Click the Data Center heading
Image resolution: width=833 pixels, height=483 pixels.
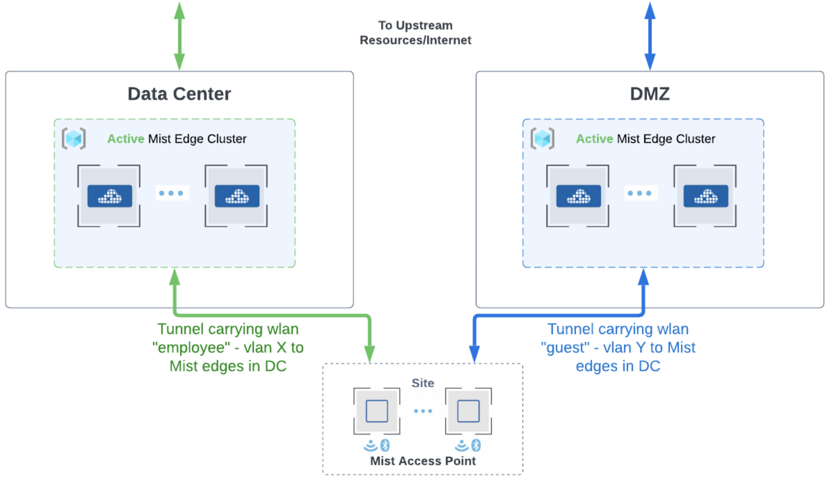(179, 94)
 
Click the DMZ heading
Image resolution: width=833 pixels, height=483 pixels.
(649, 94)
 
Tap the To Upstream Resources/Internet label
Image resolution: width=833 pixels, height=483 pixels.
(415, 33)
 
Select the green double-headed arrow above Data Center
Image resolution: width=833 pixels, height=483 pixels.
(179, 36)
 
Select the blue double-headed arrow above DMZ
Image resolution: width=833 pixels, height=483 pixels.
(650, 36)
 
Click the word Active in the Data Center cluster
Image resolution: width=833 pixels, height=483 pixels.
(126, 139)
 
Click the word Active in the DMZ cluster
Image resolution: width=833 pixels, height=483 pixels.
(594, 139)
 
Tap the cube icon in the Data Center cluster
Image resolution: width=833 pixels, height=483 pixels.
(74, 139)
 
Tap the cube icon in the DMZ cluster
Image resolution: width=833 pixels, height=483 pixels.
(543, 139)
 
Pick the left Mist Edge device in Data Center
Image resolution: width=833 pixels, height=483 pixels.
(109, 196)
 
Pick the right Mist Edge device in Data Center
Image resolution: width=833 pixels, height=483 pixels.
(237, 196)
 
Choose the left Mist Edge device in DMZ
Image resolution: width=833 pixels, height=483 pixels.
(578, 196)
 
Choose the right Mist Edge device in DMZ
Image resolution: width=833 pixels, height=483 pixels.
(706, 196)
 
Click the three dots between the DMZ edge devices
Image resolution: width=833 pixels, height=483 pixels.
(640, 193)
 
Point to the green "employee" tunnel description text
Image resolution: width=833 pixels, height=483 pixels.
(228, 347)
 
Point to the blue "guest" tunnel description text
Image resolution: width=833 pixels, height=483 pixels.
(618, 347)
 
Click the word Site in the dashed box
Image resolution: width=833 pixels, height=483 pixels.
(423, 383)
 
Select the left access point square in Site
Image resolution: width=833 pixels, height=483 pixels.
(377, 411)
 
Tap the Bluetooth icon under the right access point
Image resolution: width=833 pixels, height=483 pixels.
(476, 446)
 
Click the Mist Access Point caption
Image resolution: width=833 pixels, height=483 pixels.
(423, 461)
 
